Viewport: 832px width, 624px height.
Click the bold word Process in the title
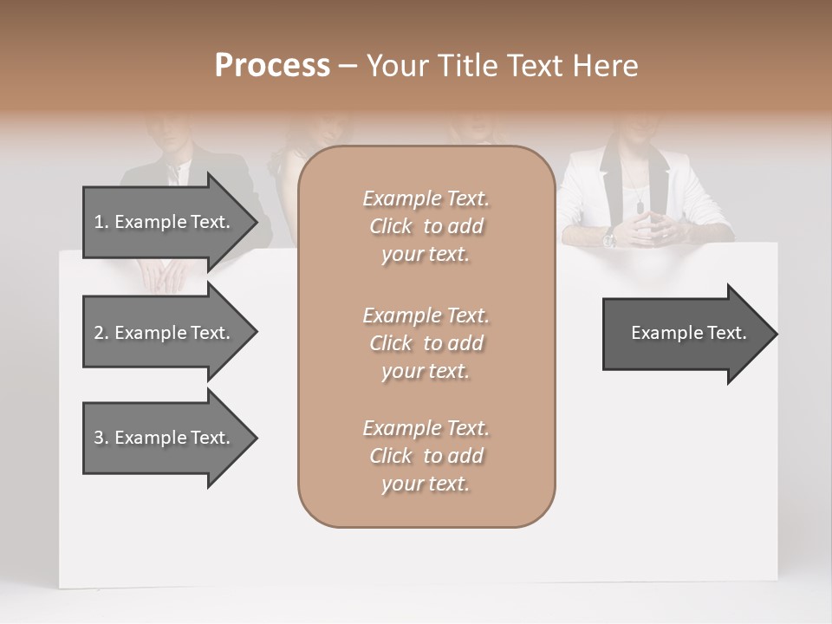[x=272, y=66]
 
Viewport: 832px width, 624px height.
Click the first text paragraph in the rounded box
[x=426, y=226]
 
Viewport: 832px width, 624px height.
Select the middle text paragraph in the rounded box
[x=426, y=343]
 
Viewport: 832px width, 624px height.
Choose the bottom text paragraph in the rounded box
[x=426, y=456]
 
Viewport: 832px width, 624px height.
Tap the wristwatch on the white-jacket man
[x=610, y=237]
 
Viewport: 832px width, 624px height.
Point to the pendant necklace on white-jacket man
[x=640, y=206]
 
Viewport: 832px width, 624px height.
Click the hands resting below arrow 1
[x=163, y=276]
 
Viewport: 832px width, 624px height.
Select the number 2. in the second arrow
[x=101, y=333]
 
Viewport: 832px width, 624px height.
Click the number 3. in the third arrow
[x=101, y=438]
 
